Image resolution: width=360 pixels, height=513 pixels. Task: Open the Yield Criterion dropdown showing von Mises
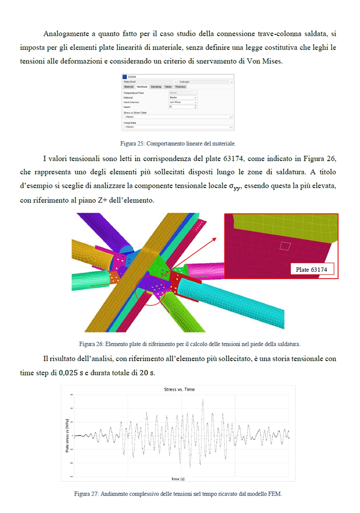183,102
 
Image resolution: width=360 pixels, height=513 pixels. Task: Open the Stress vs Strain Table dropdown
178,117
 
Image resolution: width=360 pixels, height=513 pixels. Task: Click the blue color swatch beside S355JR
125,77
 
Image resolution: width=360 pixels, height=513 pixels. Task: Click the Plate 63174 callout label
311,269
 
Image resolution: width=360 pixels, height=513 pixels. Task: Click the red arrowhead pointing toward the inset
214,239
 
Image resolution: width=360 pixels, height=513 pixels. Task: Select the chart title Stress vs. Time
179,389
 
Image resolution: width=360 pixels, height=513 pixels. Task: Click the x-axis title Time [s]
178,479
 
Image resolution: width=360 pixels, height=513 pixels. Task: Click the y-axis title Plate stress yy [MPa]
67,436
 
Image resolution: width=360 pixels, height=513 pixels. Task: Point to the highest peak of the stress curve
203,399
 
